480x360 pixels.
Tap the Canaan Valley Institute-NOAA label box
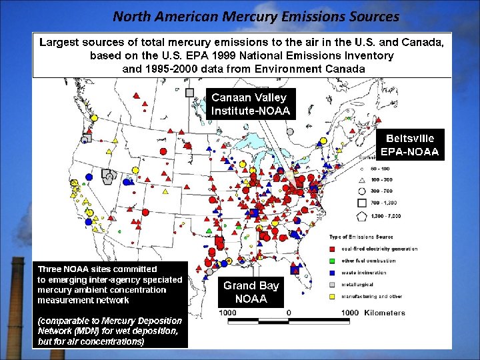pyautogui.click(x=251, y=104)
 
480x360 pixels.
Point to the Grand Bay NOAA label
pyautogui.click(x=251, y=292)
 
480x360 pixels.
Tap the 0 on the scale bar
pyautogui.click(x=289, y=313)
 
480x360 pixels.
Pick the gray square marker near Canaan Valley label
pyautogui.click(x=190, y=92)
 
